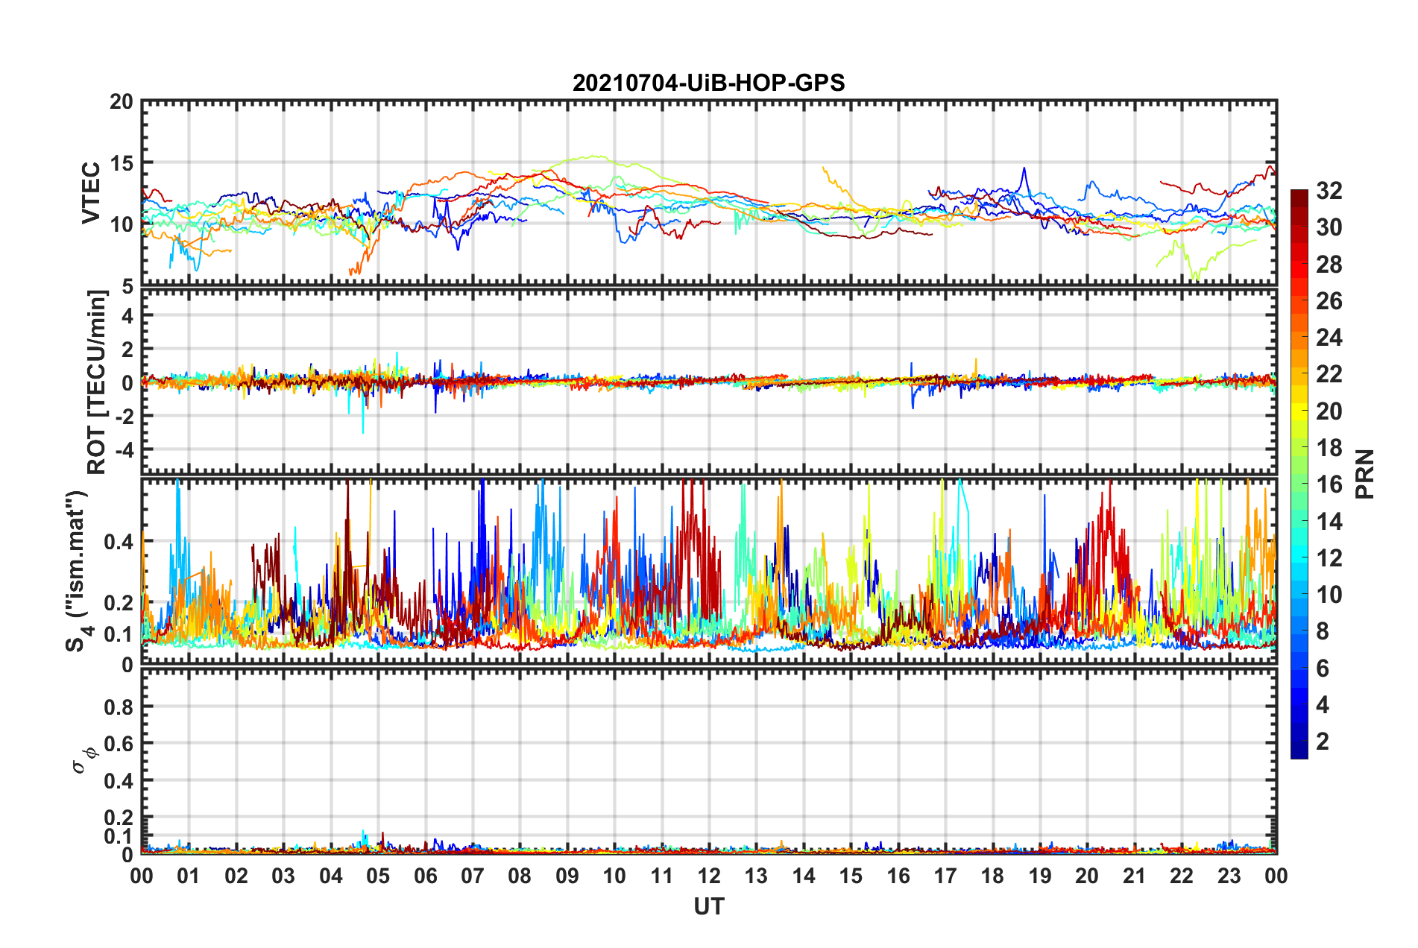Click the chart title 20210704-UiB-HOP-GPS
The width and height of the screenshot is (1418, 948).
pyautogui.click(x=708, y=83)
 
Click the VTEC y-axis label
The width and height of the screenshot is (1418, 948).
pyautogui.click(x=91, y=192)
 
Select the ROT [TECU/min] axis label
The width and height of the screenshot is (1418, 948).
pyautogui.click(x=97, y=382)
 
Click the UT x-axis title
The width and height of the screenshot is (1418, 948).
pyautogui.click(x=708, y=906)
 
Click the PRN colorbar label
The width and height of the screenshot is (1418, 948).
pyautogui.click(x=1365, y=474)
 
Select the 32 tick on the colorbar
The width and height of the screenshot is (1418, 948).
pyautogui.click(x=1329, y=191)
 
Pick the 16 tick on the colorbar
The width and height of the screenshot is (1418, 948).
pyautogui.click(x=1329, y=484)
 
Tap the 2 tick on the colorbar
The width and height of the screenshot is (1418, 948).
pyautogui.click(x=1323, y=742)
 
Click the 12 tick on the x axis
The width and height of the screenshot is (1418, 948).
pyautogui.click(x=709, y=876)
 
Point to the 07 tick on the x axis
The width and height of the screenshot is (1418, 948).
pyautogui.click(x=473, y=876)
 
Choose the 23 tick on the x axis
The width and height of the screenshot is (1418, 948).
pyautogui.click(x=1229, y=876)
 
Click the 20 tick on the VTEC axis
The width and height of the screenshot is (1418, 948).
pyautogui.click(x=122, y=102)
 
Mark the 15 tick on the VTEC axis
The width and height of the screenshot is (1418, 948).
pyautogui.click(x=122, y=163)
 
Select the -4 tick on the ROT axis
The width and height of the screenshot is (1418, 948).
pyautogui.click(x=124, y=450)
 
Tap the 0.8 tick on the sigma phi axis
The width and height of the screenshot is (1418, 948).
pyautogui.click(x=119, y=707)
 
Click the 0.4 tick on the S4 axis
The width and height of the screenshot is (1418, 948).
pyautogui.click(x=119, y=541)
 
